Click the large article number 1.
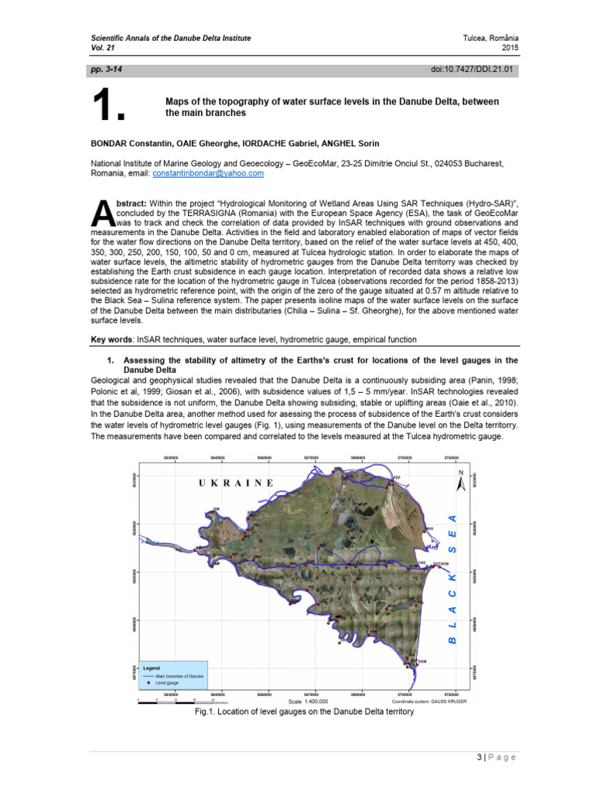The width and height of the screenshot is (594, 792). coord(108,108)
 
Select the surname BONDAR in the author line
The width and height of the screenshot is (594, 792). coord(113,142)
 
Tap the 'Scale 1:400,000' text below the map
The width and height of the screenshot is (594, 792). coord(308,701)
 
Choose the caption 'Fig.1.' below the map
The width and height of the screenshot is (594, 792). coord(207,712)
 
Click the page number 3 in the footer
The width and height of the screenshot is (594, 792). coord(479,757)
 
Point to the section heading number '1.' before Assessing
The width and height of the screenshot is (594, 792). coord(110,360)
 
